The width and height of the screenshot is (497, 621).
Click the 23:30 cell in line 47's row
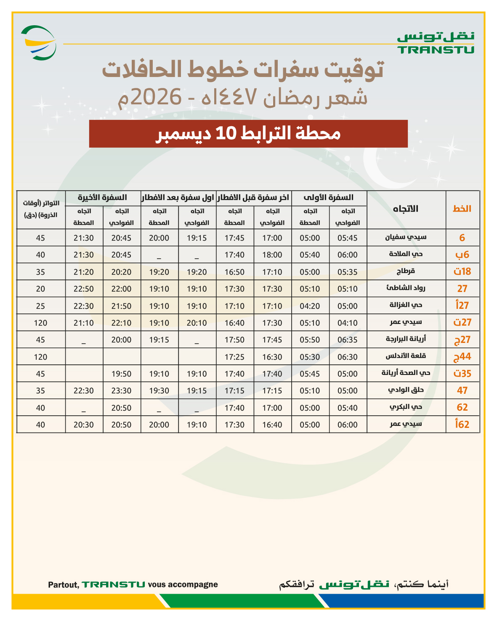click(121, 391)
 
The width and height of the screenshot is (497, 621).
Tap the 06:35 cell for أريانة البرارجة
click(347, 340)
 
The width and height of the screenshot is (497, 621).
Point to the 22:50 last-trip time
click(83, 289)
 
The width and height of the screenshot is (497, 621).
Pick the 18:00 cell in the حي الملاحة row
click(272, 255)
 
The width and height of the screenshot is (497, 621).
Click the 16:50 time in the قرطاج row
click(234, 272)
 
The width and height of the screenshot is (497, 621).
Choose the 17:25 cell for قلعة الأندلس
click(234, 357)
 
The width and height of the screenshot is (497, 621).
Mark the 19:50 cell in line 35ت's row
click(121, 374)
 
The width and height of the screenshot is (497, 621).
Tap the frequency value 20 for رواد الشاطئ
click(40, 289)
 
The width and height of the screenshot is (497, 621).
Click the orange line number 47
click(462, 391)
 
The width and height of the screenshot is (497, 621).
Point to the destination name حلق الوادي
click(406, 390)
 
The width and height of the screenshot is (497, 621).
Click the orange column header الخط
click(462, 209)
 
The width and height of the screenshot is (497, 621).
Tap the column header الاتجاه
click(406, 209)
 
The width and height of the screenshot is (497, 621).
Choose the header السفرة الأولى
click(329, 197)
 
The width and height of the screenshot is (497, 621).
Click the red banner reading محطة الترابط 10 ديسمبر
click(248, 134)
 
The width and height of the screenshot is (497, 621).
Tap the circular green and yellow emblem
click(39, 43)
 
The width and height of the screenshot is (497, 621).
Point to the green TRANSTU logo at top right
click(436, 43)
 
